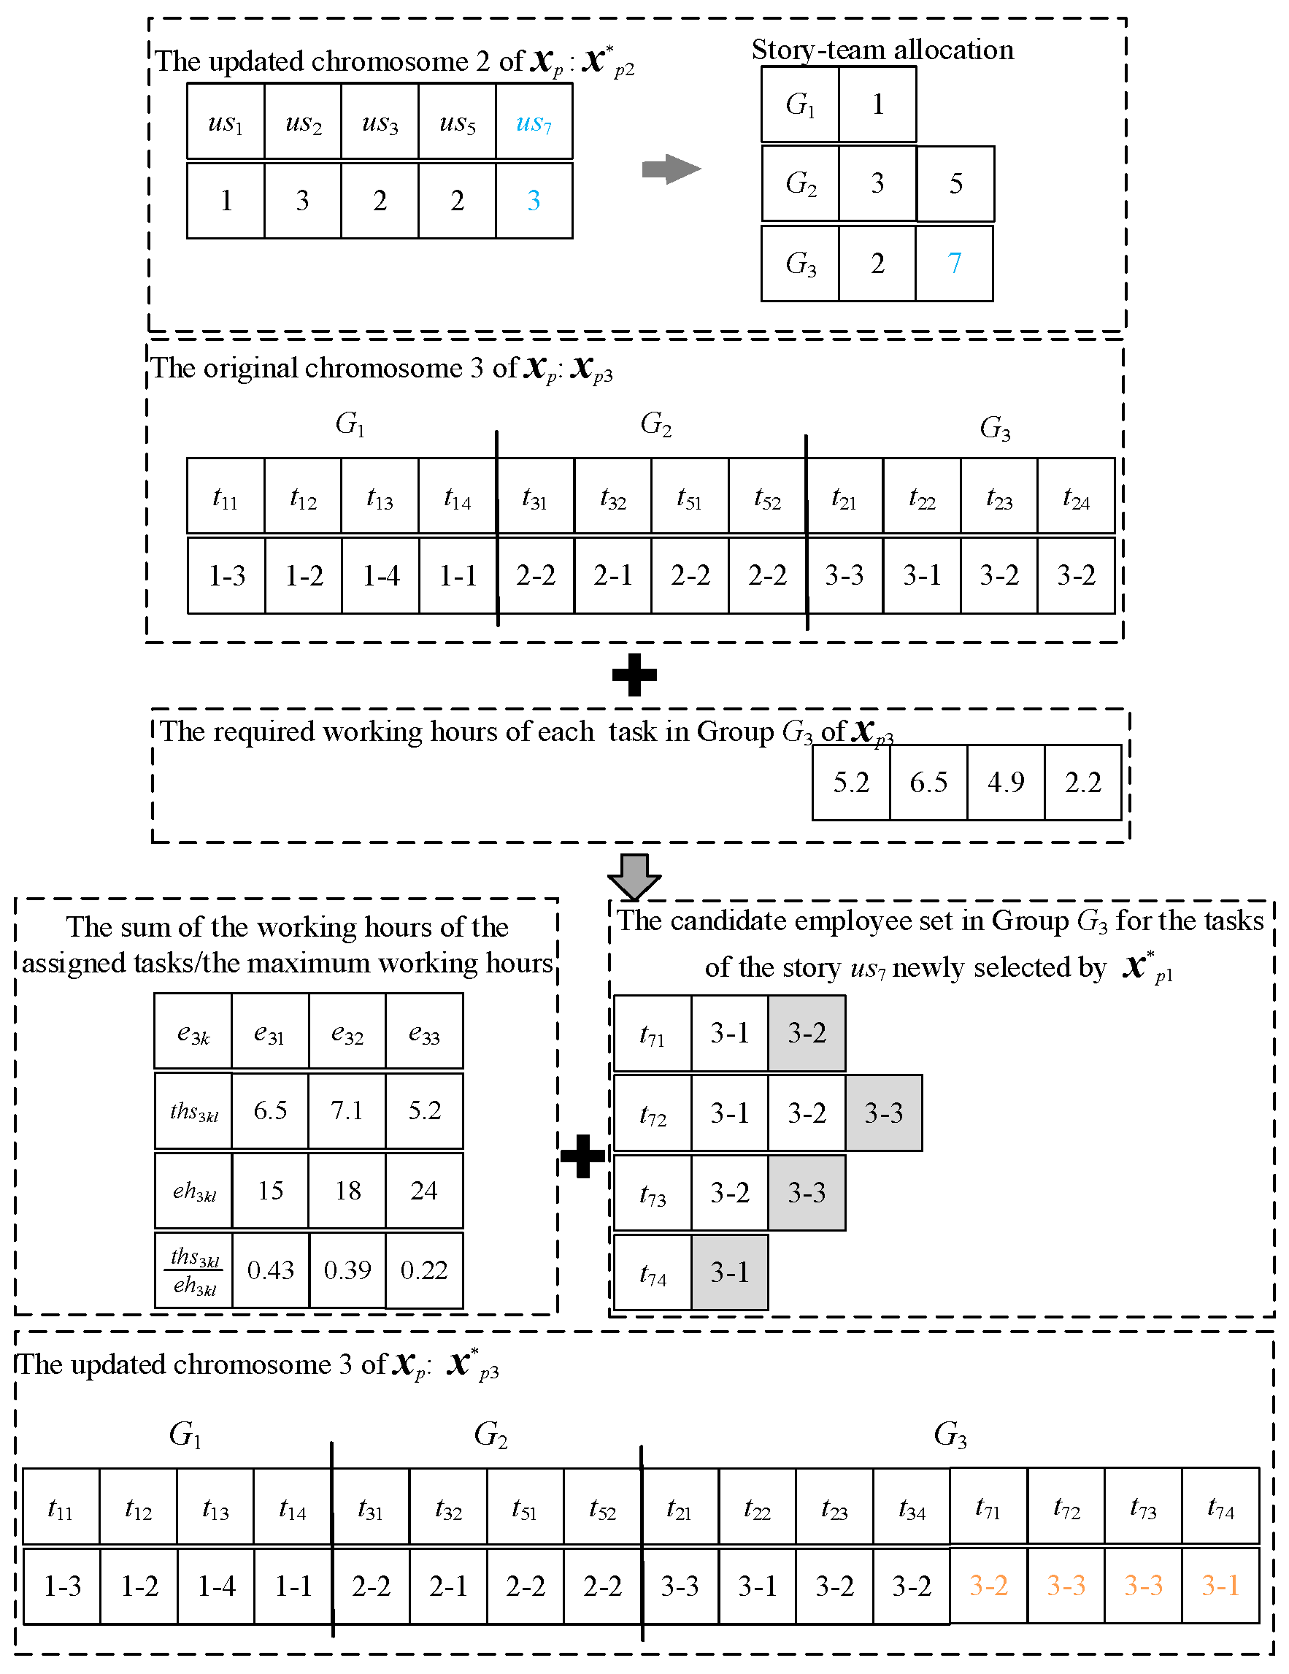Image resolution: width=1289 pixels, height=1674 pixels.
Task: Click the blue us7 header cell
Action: point(534,123)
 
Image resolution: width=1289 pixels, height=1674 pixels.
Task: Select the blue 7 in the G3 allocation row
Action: point(954,263)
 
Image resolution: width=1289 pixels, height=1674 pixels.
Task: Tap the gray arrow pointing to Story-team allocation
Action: point(672,169)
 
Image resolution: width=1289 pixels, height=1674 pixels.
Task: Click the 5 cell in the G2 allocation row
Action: point(955,183)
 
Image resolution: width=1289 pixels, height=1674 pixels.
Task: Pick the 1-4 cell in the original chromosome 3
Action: point(381,575)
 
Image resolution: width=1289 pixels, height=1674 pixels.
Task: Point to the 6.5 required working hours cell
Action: point(928,782)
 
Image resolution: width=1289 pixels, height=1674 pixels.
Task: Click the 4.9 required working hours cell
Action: point(1006,782)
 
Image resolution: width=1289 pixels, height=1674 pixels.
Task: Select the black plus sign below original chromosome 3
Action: point(634,675)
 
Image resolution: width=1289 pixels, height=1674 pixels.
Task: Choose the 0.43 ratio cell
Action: point(271,1270)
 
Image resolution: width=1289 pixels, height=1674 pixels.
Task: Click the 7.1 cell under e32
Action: point(347,1110)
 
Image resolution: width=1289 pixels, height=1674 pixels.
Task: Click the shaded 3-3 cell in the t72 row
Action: point(884,1113)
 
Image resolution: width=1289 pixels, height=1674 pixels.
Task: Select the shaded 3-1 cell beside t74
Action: point(730,1272)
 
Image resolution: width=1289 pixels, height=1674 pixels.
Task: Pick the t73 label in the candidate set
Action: point(653,1194)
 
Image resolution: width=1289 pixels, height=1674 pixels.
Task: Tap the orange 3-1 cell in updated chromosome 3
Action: point(1220,1585)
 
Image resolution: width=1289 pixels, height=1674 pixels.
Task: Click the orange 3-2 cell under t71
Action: point(988,1585)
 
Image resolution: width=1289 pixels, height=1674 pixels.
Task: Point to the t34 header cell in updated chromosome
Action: point(911,1506)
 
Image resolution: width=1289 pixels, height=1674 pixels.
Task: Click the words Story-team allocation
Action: point(882,50)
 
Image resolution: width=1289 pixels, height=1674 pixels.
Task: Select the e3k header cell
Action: point(193,1032)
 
